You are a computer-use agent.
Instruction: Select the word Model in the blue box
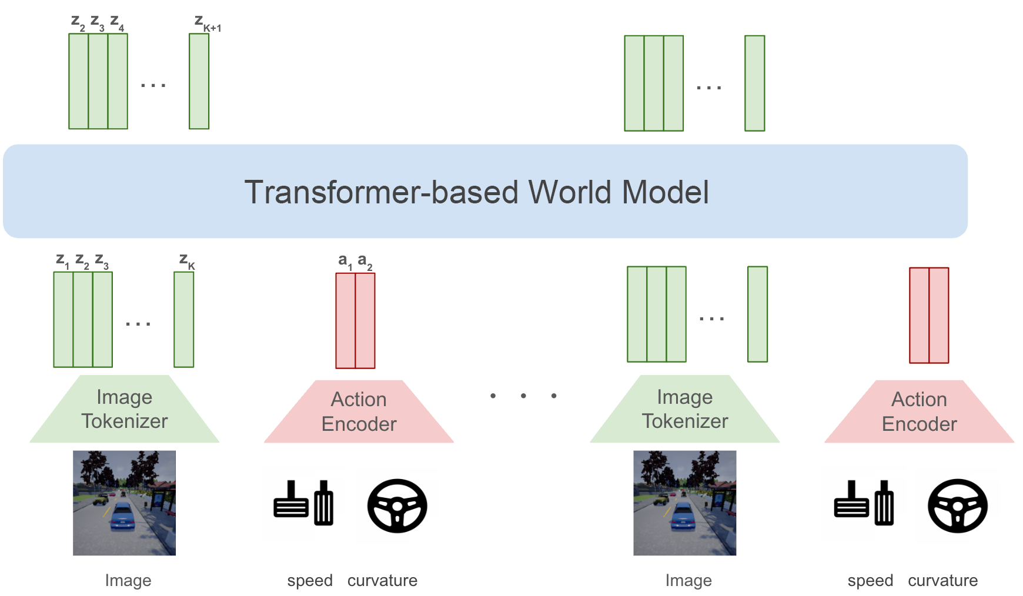click(665, 192)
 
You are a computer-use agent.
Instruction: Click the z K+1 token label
click(208, 24)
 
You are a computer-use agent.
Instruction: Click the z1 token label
click(63, 261)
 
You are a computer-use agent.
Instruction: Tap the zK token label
click(187, 261)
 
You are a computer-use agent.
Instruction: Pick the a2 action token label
click(365, 262)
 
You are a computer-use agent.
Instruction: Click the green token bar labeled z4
click(118, 81)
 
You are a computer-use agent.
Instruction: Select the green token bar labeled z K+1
click(199, 81)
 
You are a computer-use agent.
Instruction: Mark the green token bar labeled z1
click(63, 320)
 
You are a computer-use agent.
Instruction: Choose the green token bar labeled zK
click(184, 320)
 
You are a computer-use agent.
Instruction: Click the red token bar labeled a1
click(346, 321)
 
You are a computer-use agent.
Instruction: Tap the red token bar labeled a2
click(365, 321)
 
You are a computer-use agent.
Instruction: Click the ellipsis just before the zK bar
click(138, 323)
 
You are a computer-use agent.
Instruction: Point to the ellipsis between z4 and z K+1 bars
click(153, 85)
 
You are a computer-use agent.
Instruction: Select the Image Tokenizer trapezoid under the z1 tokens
click(125, 409)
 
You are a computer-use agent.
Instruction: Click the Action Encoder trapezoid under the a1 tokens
click(359, 411)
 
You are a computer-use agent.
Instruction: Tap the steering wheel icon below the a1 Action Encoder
click(397, 506)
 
